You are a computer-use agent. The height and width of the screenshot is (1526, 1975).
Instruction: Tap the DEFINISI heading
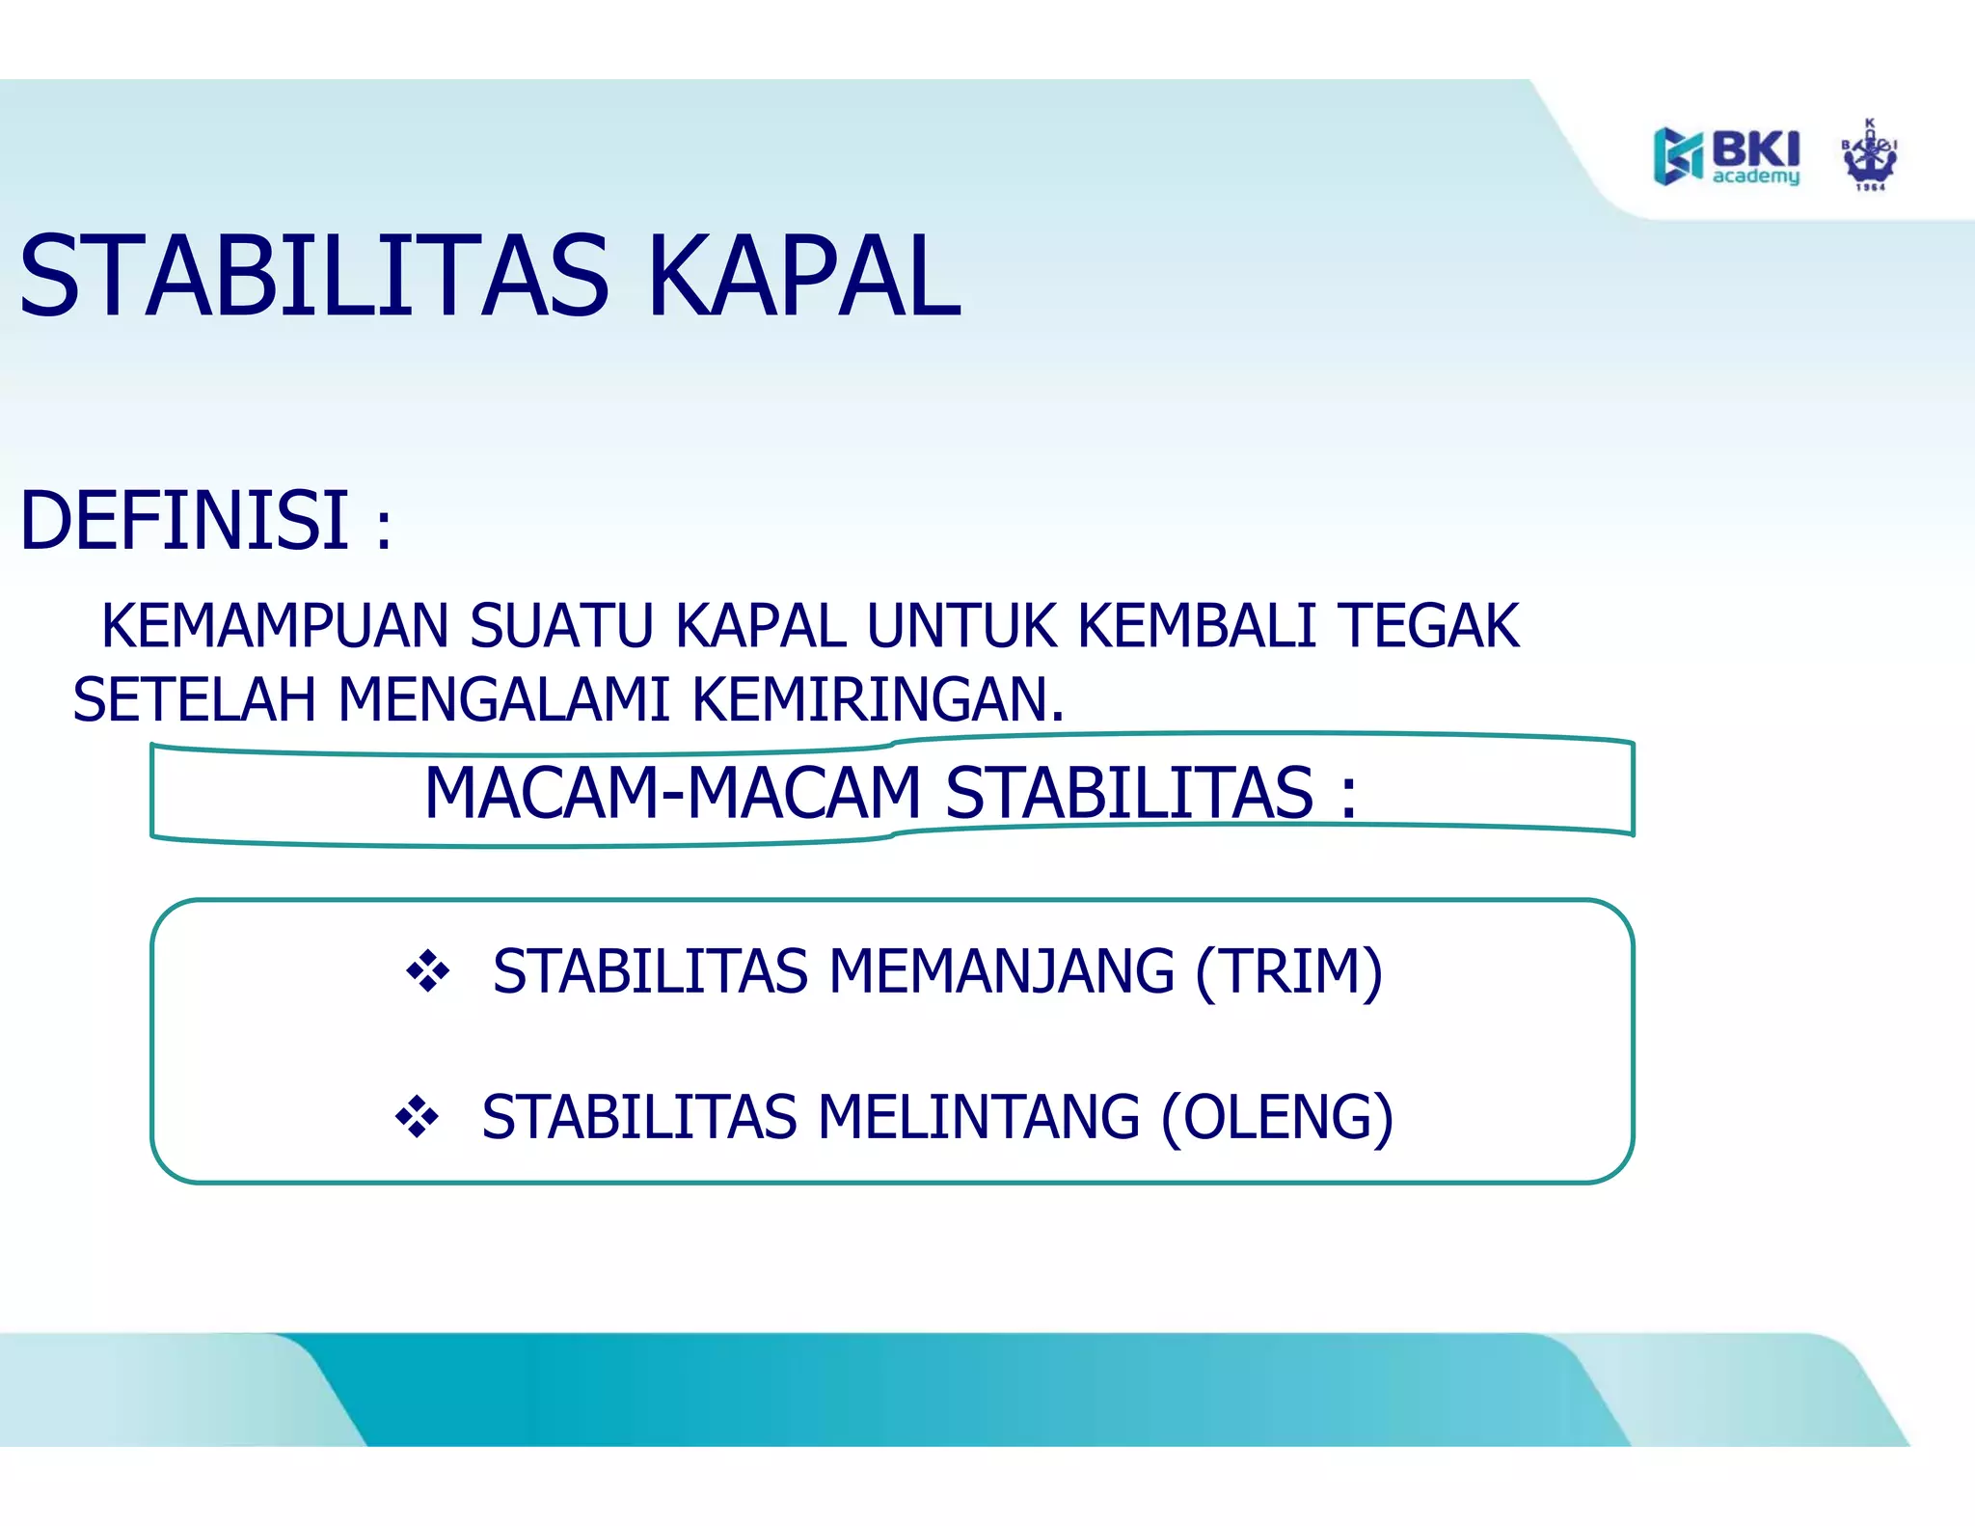184,521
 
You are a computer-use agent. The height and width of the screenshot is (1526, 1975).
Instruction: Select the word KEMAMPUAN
275,625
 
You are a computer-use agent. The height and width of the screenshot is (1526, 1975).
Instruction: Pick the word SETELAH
194,699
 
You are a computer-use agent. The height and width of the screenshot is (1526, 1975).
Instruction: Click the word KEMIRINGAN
878,699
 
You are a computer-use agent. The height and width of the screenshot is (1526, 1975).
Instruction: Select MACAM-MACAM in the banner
672,793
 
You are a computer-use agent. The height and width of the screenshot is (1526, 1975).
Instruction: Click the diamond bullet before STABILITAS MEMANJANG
427,970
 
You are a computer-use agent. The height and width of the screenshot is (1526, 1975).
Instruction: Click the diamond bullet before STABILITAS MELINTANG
417,1117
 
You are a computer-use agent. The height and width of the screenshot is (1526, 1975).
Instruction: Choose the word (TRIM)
1288,971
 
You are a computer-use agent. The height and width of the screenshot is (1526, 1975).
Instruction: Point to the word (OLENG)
1277,1117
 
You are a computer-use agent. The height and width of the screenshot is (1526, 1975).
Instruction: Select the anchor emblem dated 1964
1870,156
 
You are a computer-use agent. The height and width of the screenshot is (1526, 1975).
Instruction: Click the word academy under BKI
1755,177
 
